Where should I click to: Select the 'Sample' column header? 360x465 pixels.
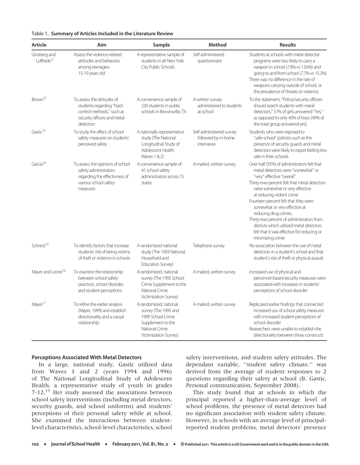[162, 44]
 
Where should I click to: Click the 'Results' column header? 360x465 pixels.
[287, 44]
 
